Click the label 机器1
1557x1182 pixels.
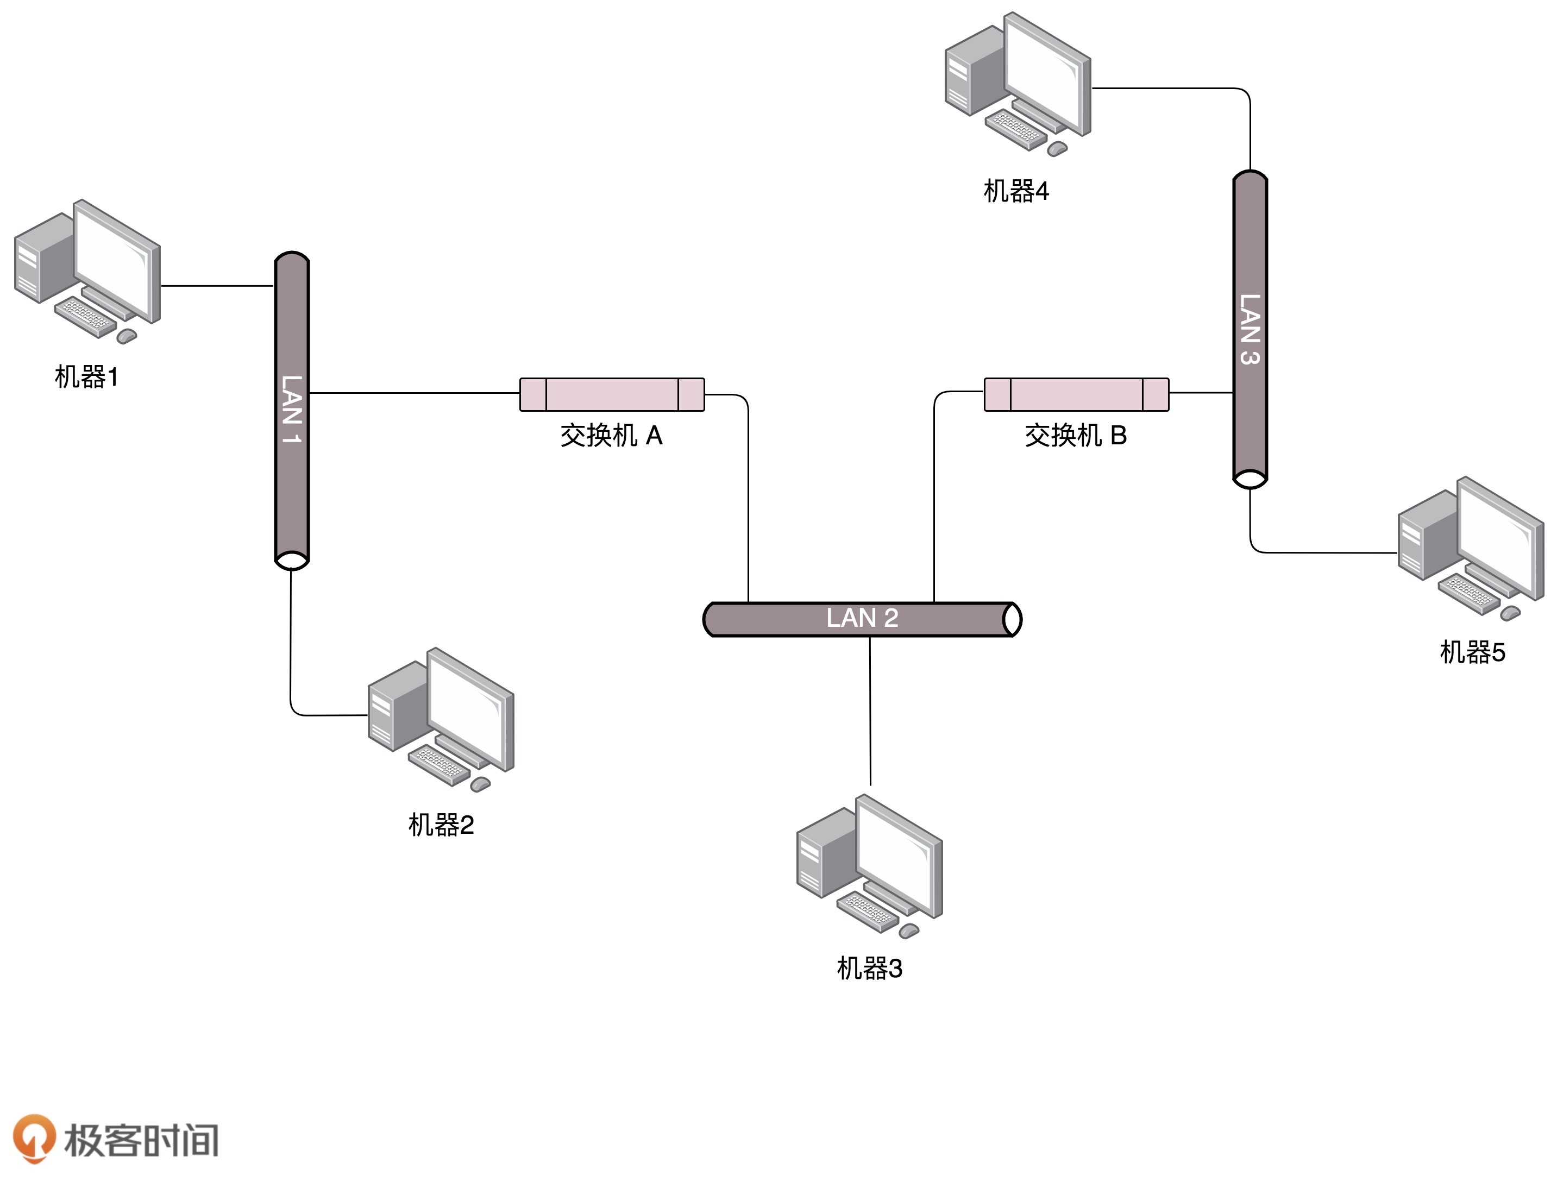tap(86, 378)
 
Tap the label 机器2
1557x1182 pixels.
tap(441, 825)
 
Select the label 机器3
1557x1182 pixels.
tap(869, 968)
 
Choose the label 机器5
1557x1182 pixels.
tap(1473, 652)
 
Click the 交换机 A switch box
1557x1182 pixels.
tap(612, 394)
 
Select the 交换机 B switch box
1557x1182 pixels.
tap(1076, 394)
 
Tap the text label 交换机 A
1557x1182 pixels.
tap(611, 436)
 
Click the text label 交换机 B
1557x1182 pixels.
tap(1076, 436)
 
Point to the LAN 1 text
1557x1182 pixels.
tap(291, 409)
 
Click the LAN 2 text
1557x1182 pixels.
tap(862, 618)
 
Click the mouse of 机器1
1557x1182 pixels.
tap(127, 336)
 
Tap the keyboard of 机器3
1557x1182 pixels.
tap(867, 911)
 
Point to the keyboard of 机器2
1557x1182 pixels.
tap(438, 764)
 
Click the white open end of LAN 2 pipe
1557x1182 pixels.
tap(1012, 619)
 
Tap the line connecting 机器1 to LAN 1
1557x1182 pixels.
tap(217, 286)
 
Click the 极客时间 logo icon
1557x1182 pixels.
tap(34, 1139)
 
